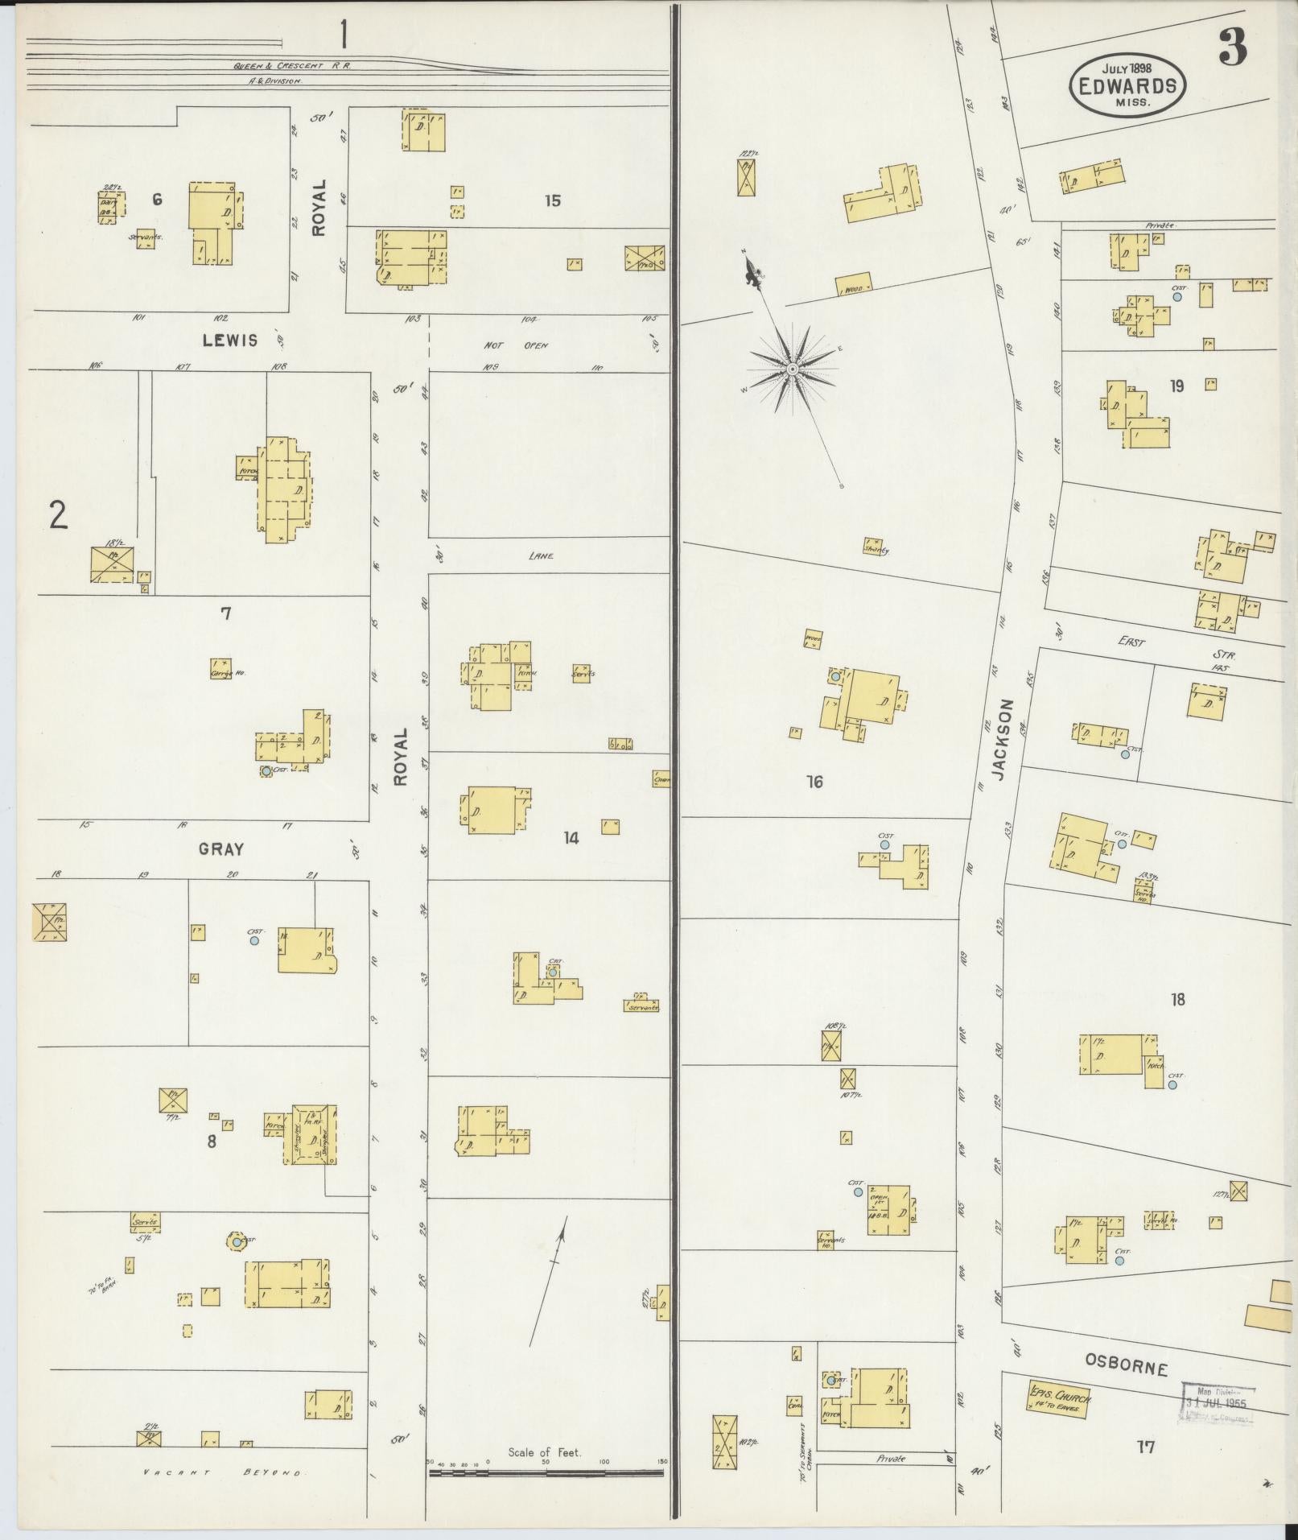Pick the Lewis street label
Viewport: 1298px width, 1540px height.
230,340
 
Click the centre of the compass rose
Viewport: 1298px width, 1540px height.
792,369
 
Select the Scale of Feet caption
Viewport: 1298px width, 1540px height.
545,1452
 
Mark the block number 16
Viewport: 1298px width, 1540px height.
814,781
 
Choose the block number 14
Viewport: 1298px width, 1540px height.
571,838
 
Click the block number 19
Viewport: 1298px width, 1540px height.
1176,386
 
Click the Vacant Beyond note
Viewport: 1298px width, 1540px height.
222,1472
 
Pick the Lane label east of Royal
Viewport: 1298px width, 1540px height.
541,555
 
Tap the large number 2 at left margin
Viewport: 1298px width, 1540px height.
58,515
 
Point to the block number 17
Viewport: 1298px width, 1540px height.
1145,1447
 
